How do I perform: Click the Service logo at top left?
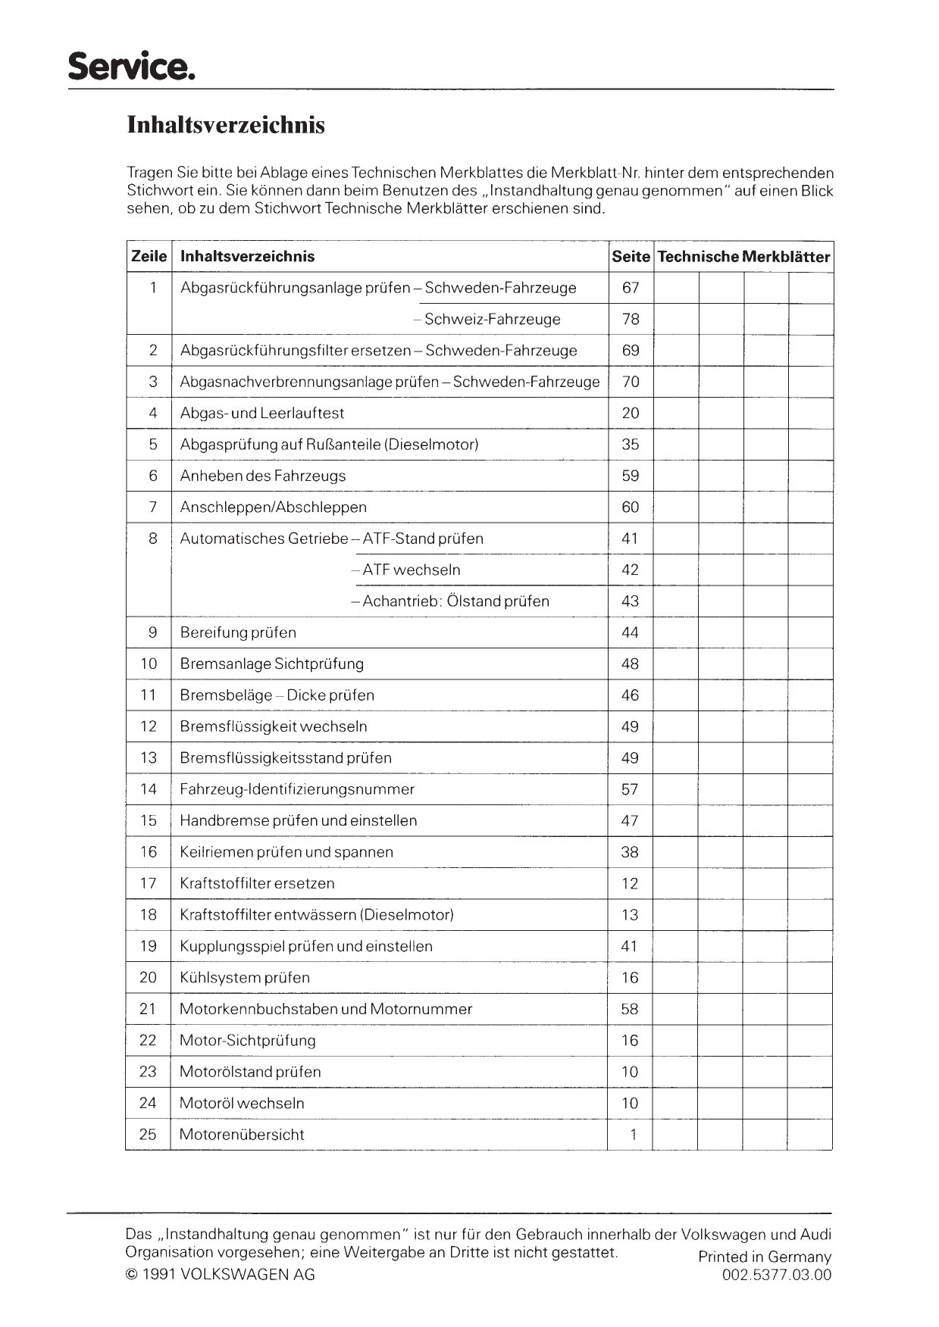[x=132, y=67]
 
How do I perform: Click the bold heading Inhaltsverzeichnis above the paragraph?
[x=226, y=125]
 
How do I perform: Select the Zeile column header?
[x=149, y=257]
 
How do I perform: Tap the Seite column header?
[x=631, y=257]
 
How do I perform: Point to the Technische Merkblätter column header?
[x=743, y=257]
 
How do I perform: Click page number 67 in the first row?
[x=631, y=288]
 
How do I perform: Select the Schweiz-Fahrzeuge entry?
[x=492, y=320]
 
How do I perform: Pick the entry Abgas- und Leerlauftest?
[x=262, y=414]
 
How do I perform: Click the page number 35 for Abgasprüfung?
[x=631, y=445]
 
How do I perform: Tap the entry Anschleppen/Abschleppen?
[x=273, y=507]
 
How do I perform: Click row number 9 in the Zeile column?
[x=152, y=632]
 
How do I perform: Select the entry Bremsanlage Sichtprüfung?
[x=271, y=664]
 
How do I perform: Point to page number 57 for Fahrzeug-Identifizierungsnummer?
[x=631, y=789]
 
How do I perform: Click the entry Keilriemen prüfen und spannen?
[x=286, y=852]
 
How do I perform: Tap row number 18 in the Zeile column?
[x=149, y=915]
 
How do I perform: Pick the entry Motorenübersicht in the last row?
[x=242, y=1135]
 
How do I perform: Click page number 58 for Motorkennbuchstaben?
[x=631, y=1009]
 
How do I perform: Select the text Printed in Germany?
[x=765, y=1257]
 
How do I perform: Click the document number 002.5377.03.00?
[x=777, y=1275]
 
